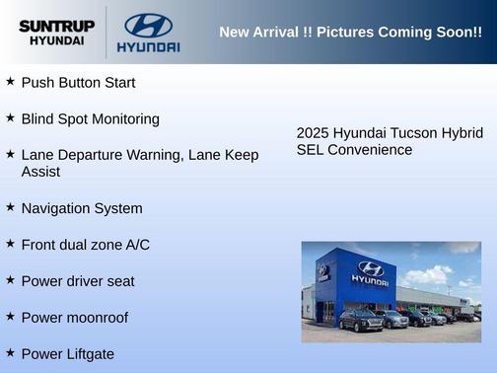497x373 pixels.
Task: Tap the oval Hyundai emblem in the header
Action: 148,25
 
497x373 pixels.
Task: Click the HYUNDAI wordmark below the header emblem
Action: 148,47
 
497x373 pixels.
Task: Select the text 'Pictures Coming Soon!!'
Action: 403,33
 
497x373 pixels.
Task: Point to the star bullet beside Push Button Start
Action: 10,82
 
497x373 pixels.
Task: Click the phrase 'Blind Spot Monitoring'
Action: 90,118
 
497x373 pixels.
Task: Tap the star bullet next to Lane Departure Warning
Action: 10,154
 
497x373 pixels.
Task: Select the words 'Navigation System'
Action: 82,208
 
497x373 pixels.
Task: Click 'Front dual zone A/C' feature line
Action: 86,244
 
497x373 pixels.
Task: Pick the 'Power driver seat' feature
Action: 78,281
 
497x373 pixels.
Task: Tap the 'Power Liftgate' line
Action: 68,353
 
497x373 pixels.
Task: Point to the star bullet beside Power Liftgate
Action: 10,352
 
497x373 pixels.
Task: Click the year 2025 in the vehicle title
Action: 313,133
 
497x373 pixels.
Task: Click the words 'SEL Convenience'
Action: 354,150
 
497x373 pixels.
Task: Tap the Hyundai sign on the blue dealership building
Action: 370,273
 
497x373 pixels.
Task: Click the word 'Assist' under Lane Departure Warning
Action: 40,172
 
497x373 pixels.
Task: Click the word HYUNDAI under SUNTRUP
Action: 56,41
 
